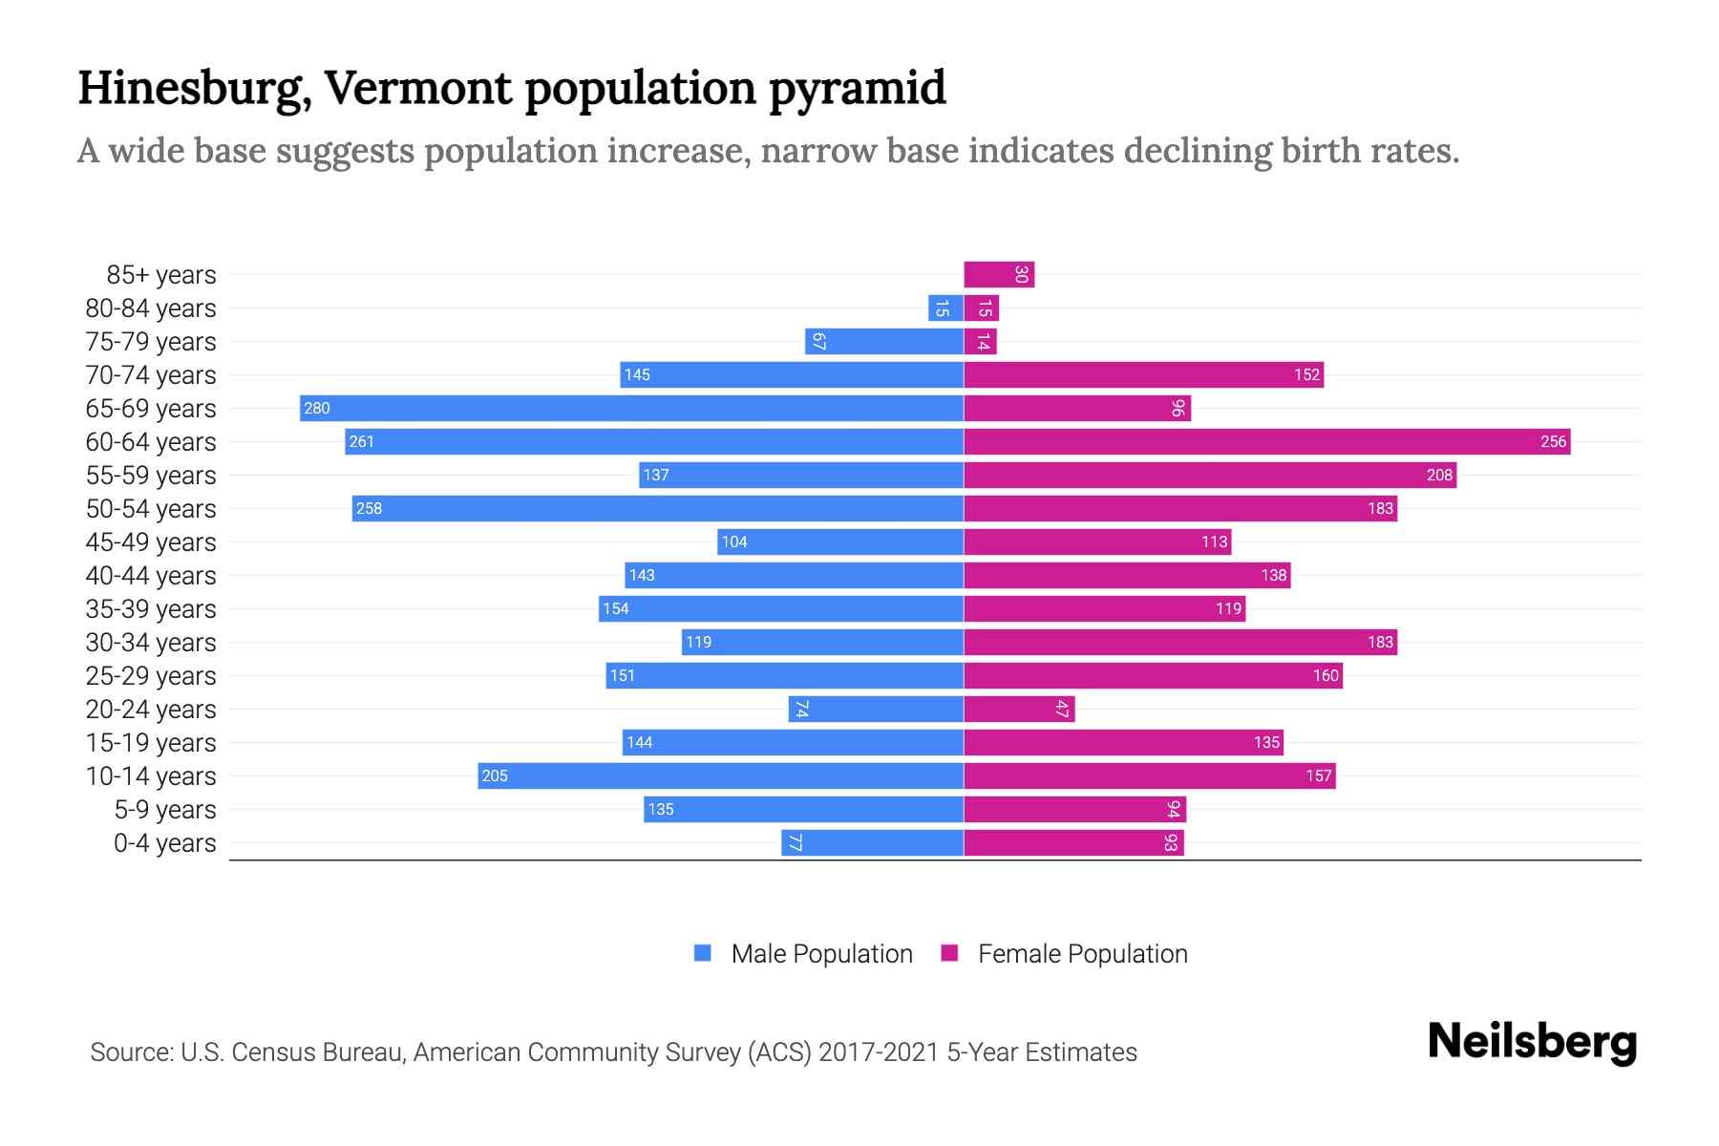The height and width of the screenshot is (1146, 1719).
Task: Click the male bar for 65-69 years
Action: (x=630, y=408)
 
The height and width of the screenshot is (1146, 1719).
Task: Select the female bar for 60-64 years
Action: (x=1266, y=441)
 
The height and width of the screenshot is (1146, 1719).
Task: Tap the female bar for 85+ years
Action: (x=999, y=274)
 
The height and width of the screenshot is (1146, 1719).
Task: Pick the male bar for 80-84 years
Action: (x=945, y=308)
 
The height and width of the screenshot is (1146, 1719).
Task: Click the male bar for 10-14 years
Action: (x=720, y=775)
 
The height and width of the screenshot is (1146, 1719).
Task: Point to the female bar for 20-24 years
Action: (x=1019, y=709)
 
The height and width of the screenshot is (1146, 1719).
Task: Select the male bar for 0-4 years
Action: (x=872, y=842)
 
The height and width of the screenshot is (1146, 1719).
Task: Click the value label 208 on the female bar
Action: (x=1439, y=475)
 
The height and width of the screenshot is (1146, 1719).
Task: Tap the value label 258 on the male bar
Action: (x=369, y=508)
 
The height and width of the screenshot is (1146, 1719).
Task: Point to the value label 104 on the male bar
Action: (x=733, y=541)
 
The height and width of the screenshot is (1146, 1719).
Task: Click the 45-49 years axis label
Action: (x=151, y=541)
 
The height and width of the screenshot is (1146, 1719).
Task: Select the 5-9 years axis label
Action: (x=165, y=809)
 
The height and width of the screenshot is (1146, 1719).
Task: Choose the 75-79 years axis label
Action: (x=151, y=341)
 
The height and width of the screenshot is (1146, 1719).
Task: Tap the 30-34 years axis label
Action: (x=151, y=642)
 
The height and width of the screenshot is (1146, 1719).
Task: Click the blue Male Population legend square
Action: (x=703, y=953)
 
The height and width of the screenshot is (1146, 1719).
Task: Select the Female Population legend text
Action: (x=1082, y=953)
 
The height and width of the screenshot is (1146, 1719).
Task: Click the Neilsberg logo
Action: (x=1532, y=1041)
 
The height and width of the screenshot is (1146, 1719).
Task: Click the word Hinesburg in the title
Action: (x=194, y=88)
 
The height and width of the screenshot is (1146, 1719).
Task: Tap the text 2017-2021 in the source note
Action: (x=879, y=1051)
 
